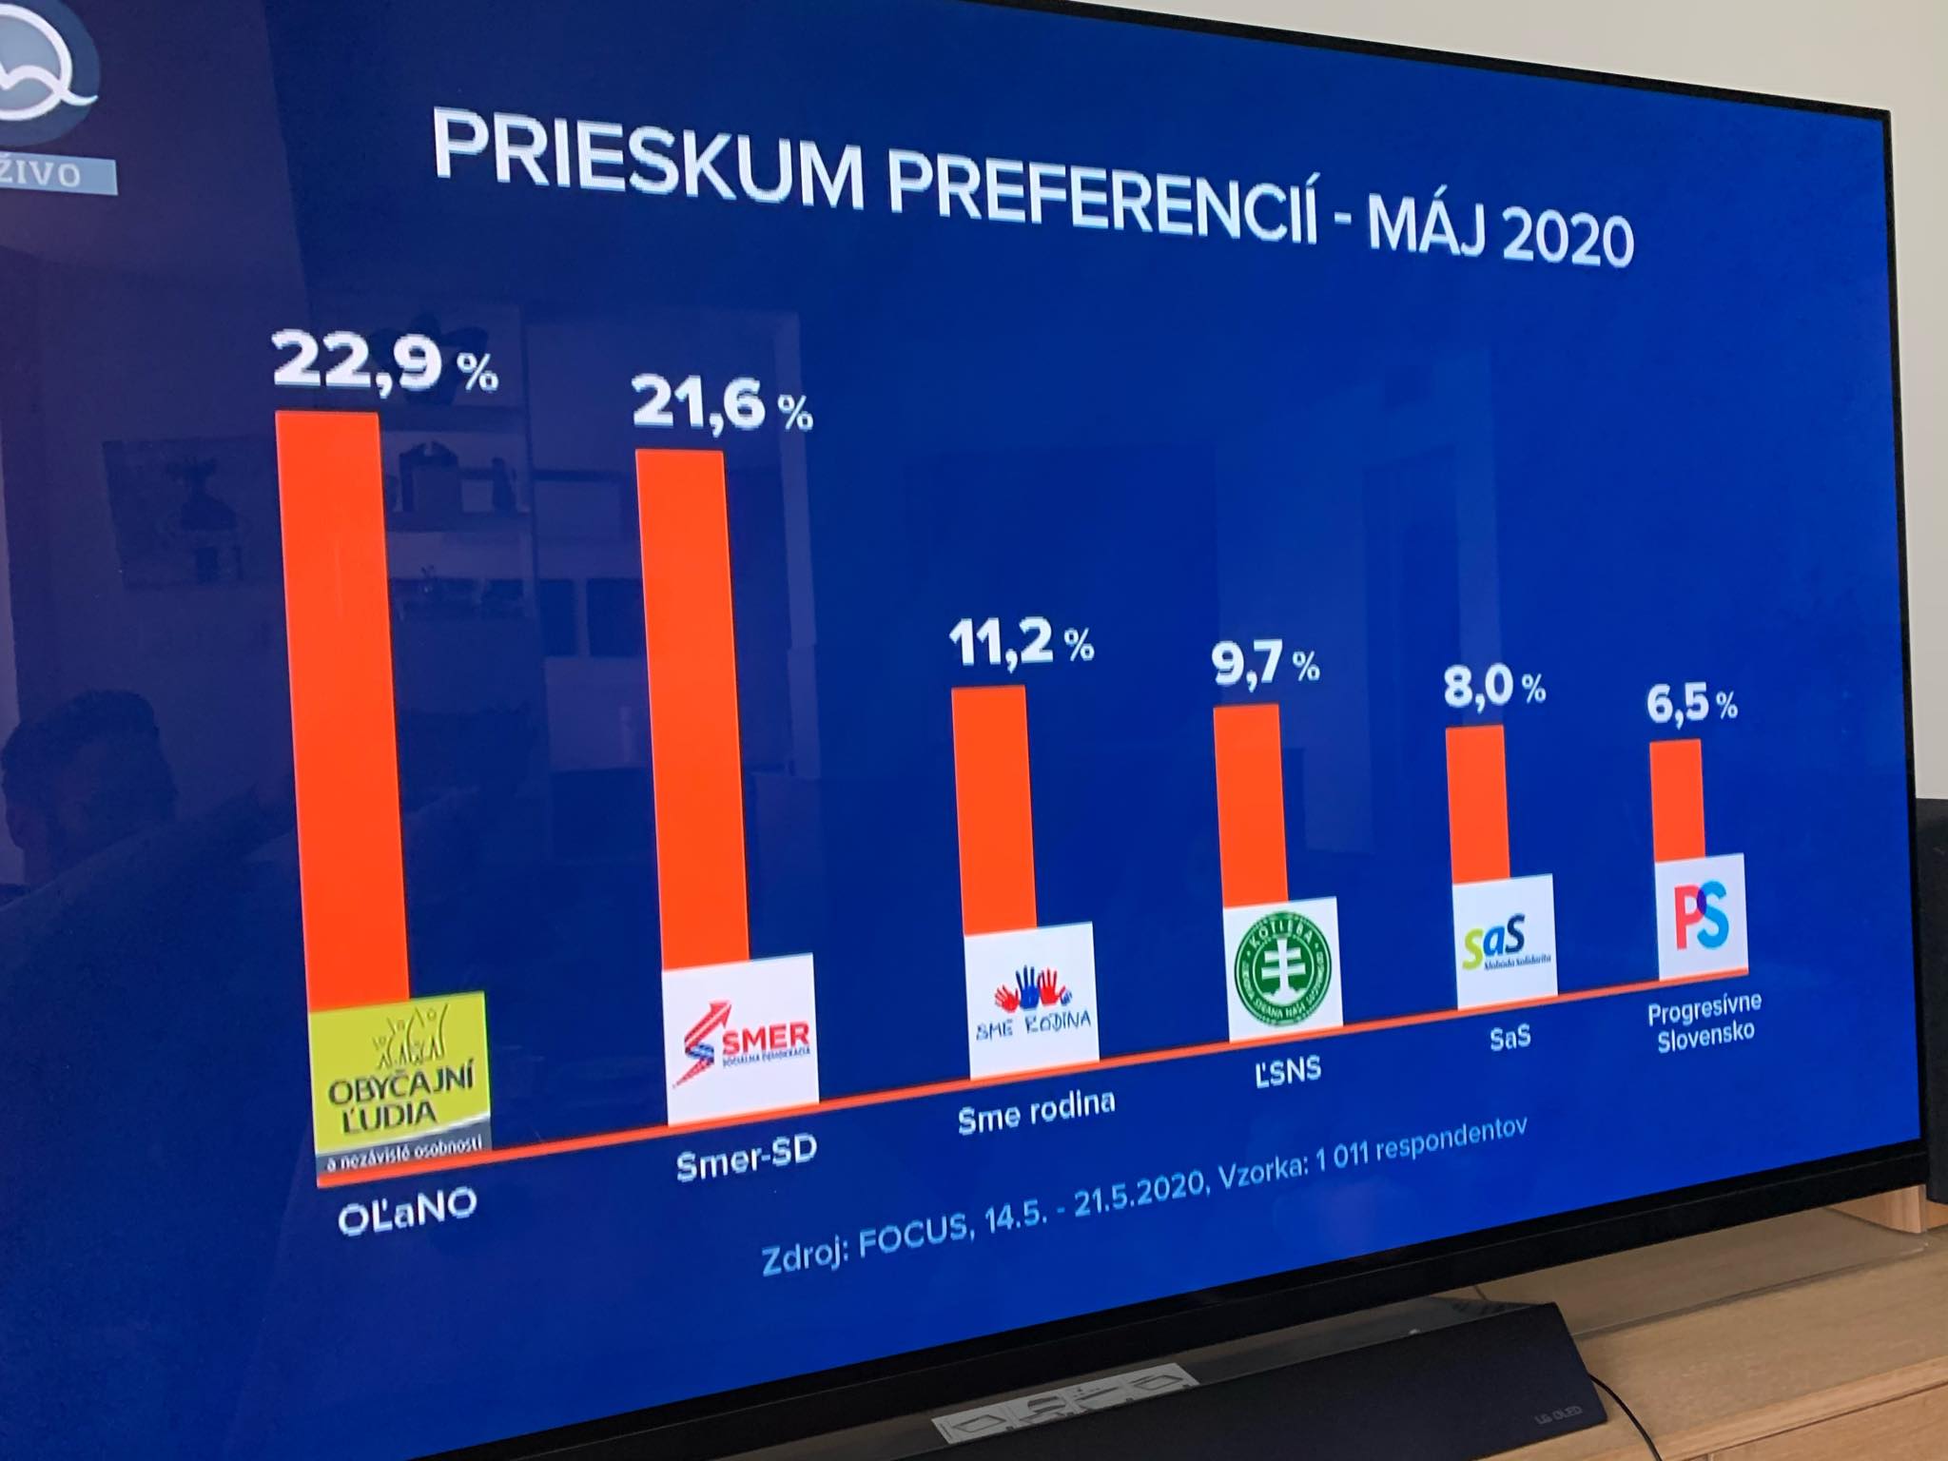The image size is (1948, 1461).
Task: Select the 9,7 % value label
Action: [x=1264, y=664]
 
